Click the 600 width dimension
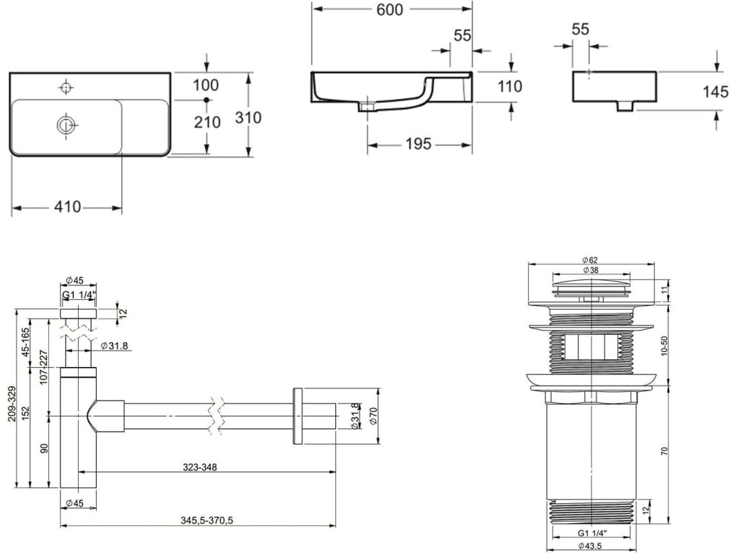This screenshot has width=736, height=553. tap(390, 10)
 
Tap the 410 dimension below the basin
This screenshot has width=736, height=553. tap(68, 207)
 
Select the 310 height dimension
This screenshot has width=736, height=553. tap(248, 118)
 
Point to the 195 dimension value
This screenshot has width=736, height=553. tap(418, 144)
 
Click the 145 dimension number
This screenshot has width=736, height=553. tap(715, 91)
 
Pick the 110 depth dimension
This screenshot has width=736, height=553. tap(509, 86)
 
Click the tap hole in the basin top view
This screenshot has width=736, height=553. tap(66, 87)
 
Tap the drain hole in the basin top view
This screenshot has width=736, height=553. tap(65, 125)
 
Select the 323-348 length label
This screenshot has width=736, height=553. tap(200, 467)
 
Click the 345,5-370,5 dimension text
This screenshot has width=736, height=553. tap(207, 520)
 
